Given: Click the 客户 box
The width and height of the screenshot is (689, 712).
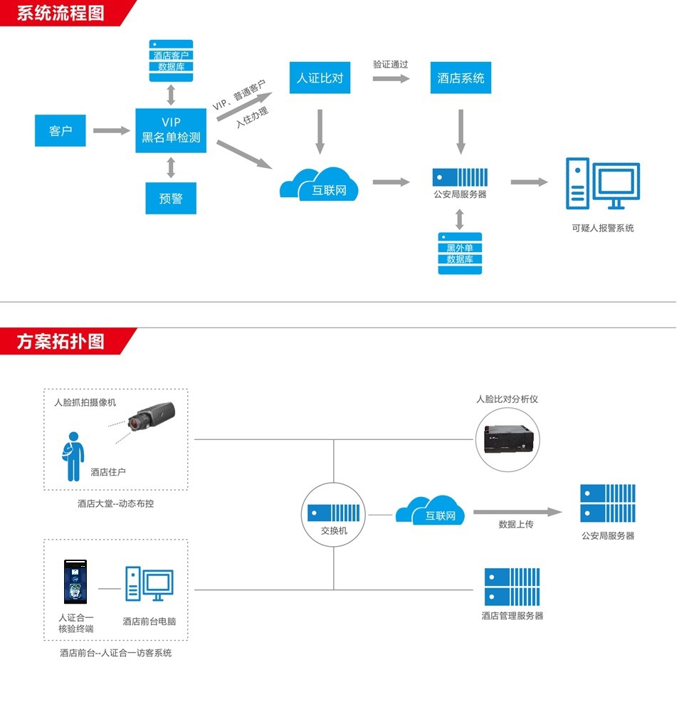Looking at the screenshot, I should click(x=61, y=131).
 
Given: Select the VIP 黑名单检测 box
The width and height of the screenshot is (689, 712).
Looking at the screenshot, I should click(x=171, y=130).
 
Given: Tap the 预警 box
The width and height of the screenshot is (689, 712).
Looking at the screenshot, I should click(x=171, y=199).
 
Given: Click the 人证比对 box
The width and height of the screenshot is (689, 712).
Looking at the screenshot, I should click(x=320, y=78).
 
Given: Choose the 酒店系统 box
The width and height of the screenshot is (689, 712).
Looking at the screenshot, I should click(x=461, y=78).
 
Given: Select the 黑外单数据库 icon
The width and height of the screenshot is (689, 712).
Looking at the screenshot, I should click(x=460, y=253).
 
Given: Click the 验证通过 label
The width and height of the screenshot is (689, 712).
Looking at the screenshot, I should click(x=391, y=64).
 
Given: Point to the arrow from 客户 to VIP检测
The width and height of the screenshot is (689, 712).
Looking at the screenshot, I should click(x=111, y=131).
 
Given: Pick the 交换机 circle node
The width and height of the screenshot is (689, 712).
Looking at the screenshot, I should click(x=334, y=514).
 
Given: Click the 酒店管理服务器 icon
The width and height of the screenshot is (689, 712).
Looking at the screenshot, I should click(x=512, y=587).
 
